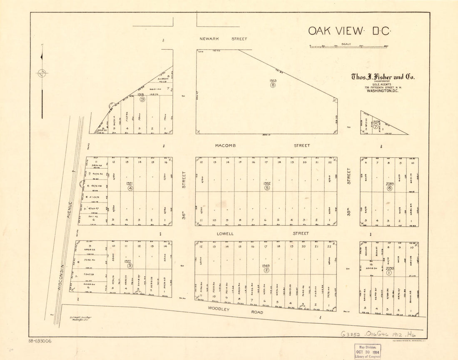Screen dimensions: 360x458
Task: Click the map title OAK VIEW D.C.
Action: coord(348,31)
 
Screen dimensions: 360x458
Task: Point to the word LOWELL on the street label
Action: coord(225,234)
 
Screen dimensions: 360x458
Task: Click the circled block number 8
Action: coord(273,85)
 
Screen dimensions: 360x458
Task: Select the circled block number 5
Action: coord(267,188)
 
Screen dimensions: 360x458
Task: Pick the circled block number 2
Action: coord(266,270)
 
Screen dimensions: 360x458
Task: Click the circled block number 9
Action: coord(142,100)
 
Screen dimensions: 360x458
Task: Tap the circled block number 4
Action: coord(130,188)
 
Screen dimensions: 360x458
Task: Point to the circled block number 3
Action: coord(130,265)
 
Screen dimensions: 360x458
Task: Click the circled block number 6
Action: coord(389,188)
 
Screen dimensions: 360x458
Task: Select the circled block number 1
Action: coord(389,273)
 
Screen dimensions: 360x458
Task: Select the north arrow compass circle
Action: coord(42,73)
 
